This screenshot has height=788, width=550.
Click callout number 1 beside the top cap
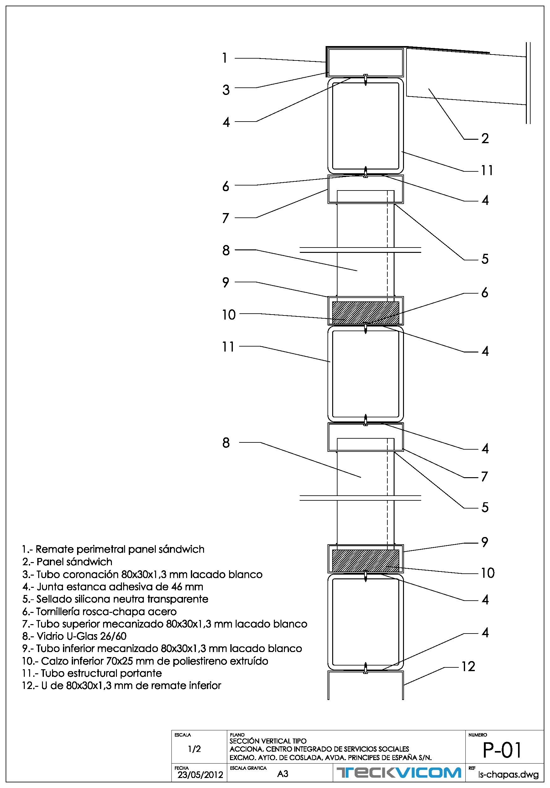(225, 58)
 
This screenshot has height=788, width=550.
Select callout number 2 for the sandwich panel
(485, 138)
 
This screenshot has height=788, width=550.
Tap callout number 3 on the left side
(226, 90)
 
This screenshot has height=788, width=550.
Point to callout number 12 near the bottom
(468, 666)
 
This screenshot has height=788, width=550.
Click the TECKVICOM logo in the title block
(399, 773)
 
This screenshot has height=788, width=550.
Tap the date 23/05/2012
(200, 775)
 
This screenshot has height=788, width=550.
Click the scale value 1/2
(194, 749)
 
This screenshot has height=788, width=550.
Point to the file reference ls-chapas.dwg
(508, 775)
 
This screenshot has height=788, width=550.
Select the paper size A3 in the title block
(283, 774)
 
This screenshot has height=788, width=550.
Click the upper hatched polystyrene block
(365, 312)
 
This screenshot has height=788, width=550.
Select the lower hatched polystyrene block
(365, 561)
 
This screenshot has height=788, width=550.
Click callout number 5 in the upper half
(485, 259)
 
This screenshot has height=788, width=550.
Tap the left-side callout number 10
(229, 315)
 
